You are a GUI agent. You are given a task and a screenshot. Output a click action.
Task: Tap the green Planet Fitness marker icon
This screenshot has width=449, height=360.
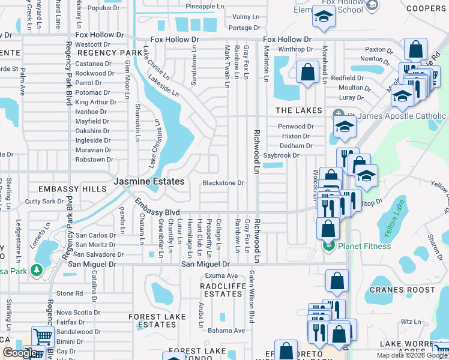(x=328, y=245)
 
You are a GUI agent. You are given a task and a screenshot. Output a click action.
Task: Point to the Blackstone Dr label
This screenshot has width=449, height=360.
(x=223, y=183)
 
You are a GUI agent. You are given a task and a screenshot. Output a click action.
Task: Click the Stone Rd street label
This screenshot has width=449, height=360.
(x=70, y=293)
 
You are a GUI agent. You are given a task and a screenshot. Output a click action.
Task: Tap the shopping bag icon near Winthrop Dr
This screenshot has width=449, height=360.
(x=307, y=72)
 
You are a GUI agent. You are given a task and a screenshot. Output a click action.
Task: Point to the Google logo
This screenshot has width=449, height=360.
(x=20, y=353)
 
